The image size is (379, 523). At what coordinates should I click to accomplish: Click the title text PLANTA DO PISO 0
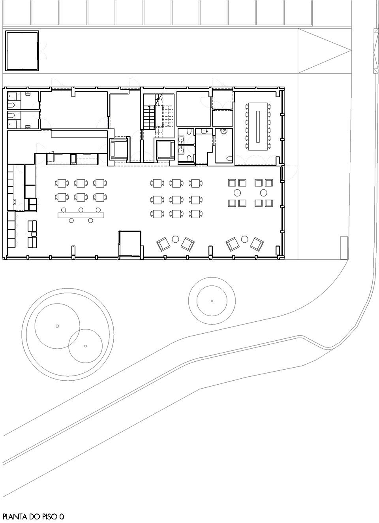tap(33, 516)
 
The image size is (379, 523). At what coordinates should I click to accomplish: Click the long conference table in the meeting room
tap(258, 126)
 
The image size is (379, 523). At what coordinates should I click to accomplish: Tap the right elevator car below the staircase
tap(165, 150)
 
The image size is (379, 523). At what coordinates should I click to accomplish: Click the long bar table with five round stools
tap(81, 215)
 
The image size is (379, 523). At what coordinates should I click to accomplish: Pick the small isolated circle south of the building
tap(212, 301)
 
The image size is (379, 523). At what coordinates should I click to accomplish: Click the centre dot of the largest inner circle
tap(57, 326)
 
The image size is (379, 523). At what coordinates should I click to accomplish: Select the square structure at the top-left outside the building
tap(22, 51)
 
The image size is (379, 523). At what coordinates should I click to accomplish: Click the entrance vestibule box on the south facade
tap(130, 244)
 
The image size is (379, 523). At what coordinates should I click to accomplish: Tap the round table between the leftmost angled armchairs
tap(176, 239)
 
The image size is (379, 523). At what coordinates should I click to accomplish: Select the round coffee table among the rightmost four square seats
tap(263, 193)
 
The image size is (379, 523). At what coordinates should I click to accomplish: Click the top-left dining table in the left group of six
tap(62, 183)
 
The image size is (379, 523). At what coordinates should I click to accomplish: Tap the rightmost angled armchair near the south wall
tap(257, 244)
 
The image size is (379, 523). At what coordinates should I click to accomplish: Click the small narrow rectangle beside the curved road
tap(344, 247)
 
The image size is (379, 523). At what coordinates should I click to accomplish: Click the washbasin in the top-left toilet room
tap(28, 94)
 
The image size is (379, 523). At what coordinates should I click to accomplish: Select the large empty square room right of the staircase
tap(193, 108)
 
